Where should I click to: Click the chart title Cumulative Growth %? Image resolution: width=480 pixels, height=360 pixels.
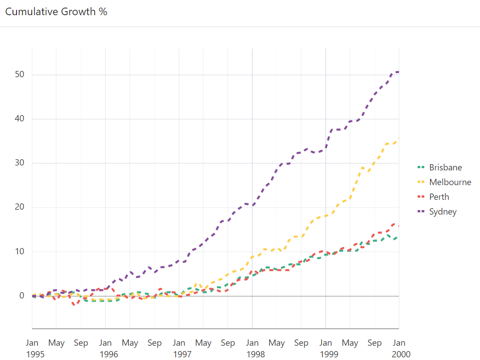[56, 12]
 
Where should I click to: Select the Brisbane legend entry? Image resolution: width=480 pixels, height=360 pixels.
[445, 167]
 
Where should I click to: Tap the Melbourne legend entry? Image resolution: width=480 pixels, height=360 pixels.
[450, 182]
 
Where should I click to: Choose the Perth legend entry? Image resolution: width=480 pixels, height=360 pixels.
[439, 197]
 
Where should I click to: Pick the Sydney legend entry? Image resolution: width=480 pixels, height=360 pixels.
[443, 211]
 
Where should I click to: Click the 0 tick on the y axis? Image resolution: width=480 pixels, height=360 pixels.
[21, 296]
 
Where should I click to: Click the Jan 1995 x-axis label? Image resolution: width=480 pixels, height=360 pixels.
[32, 348]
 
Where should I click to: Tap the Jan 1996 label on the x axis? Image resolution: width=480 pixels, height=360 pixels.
[106, 348]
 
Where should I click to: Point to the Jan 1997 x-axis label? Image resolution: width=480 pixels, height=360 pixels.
[179, 348]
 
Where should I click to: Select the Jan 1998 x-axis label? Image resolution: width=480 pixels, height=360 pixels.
[252, 348]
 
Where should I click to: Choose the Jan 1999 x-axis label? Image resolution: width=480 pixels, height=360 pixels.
[326, 348]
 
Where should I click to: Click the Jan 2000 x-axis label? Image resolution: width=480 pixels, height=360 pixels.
[399, 348]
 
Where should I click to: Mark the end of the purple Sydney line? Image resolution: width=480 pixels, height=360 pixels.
[398, 72]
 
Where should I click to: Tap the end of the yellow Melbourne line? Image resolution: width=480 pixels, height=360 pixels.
[398, 138]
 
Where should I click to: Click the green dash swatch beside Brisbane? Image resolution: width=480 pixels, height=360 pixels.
[420, 167]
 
